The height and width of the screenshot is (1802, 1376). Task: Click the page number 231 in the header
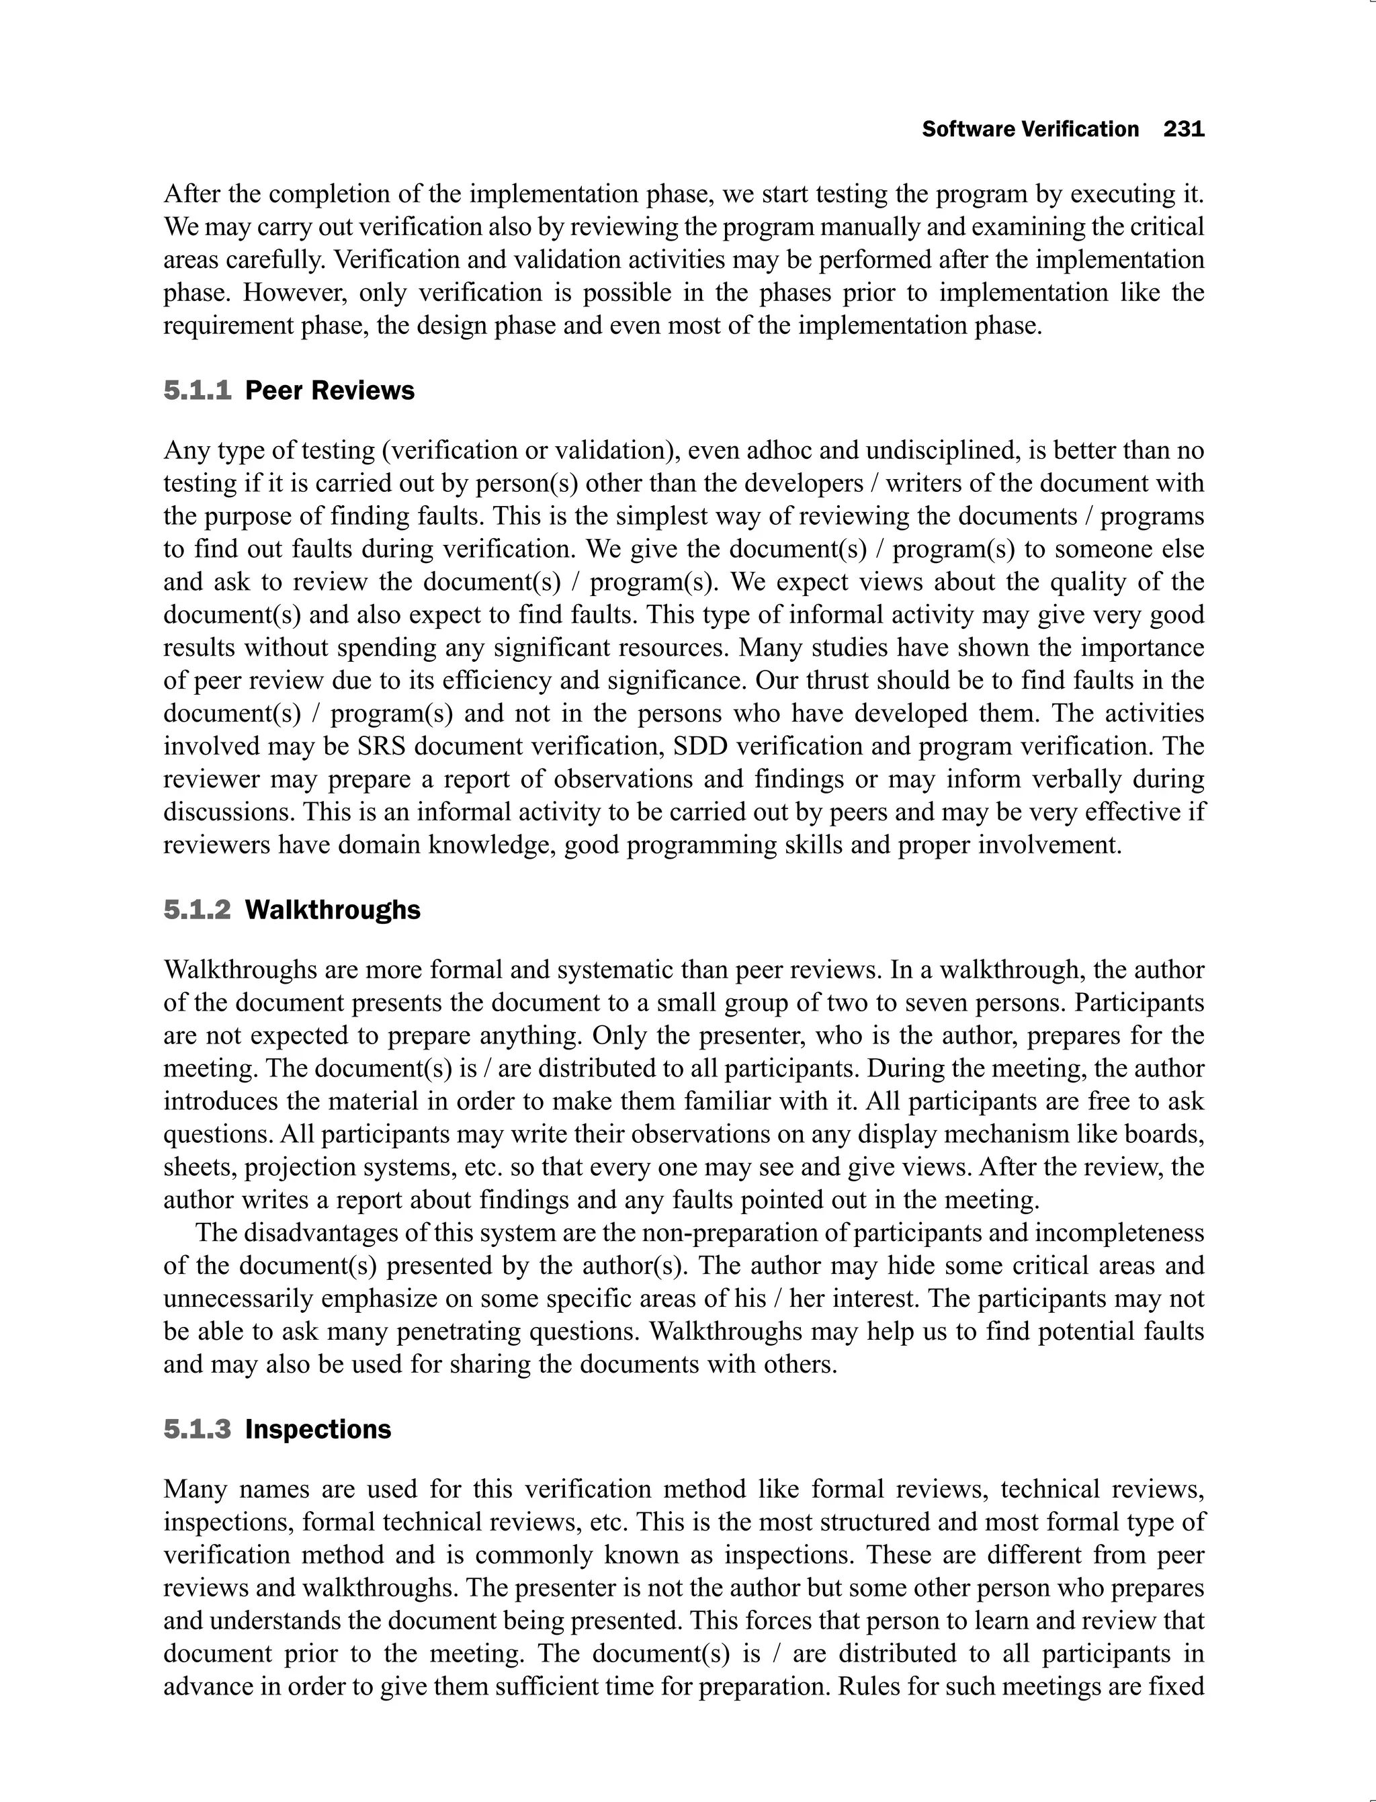[x=1184, y=130]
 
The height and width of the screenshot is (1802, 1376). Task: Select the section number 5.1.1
[x=198, y=391]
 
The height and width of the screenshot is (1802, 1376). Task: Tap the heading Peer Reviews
[x=329, y=391]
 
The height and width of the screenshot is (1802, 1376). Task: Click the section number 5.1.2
[x=198, y=910]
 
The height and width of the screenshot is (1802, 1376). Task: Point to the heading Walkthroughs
[x=333, y=910]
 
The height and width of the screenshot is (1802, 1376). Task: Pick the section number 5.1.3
[x=198, y=1429]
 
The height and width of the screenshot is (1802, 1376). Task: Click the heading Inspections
[x=318, y=1429]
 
